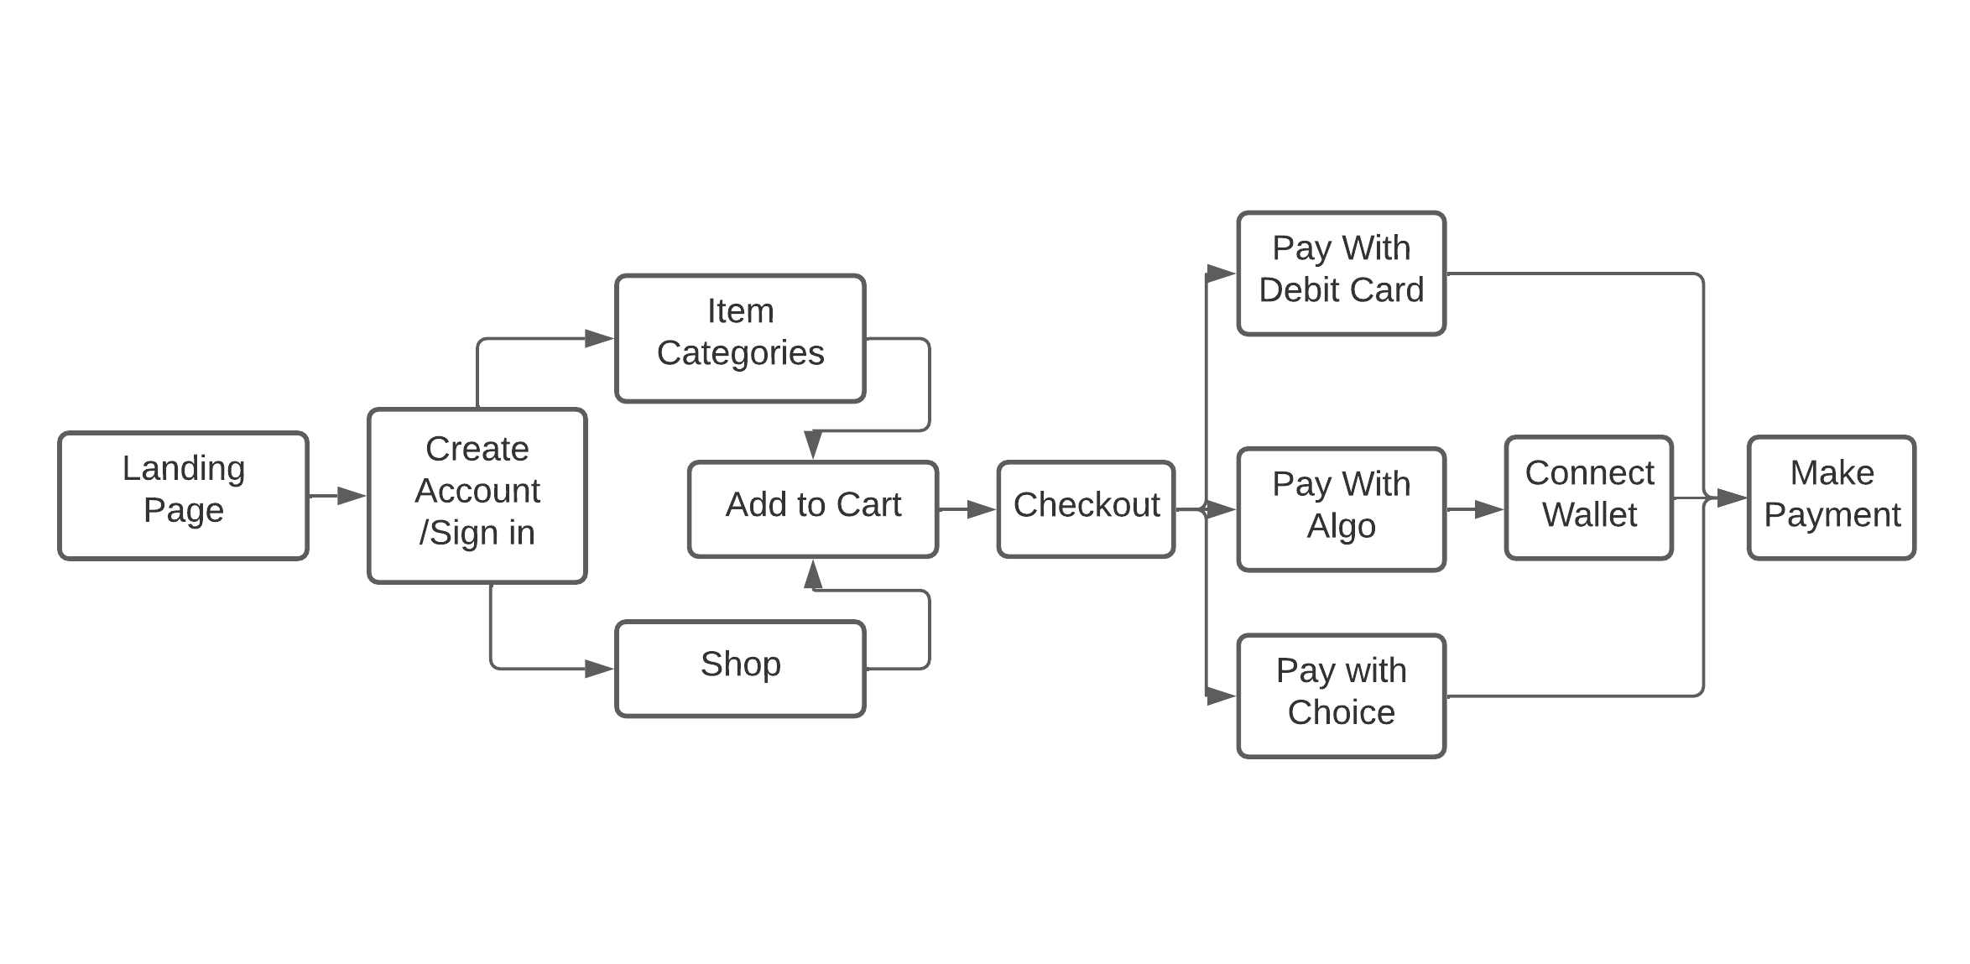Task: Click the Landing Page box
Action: pos(184,496)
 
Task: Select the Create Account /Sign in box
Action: pos(477,496)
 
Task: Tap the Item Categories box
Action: pos(740,338)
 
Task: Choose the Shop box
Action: pos(740,669)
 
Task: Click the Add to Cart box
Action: pos(813,509)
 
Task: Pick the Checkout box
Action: pos(1087,509)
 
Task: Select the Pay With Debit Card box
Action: pos(1342,274)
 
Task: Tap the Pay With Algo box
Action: pos(1342,509)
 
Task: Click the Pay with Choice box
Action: pos(1342,696)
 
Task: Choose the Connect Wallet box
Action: pos(1589,498)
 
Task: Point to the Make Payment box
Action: pos(1832,498)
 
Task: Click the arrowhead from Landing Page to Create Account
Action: pos(352,496)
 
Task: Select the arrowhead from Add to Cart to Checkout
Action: pos(982,509)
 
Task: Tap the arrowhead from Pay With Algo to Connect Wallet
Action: pos(1489,509)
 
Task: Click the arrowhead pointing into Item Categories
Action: pos(599,338)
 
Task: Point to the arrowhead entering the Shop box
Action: pos(599,669)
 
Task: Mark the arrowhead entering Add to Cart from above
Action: pos(813,446)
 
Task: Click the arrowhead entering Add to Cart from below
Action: pos(813,574)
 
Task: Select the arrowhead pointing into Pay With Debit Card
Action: pos(1222,274)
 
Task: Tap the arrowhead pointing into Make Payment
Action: pos(1732,498)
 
